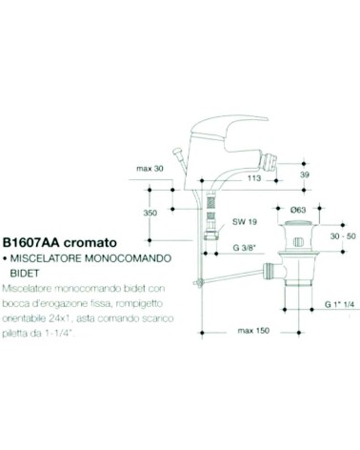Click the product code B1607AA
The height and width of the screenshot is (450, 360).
coord(31,242)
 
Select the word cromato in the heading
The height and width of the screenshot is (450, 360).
coord(90,243)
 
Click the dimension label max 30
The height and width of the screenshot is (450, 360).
coord(150,169)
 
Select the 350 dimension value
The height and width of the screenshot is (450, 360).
coord(150,213)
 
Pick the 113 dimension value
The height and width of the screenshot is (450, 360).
coord(254,178)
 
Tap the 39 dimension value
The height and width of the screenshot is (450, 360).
coord(304,174)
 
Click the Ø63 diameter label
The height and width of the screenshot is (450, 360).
coord(298,210)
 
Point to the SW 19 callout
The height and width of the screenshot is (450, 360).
coord(245,221)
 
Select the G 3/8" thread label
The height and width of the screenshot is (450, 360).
coord(245,248)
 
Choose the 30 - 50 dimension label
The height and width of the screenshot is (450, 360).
coord(343,236)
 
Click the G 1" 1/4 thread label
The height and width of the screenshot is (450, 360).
coord(339,304)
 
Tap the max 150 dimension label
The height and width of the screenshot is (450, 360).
coord(253,331)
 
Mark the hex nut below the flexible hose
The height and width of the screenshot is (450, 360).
coord(210,235)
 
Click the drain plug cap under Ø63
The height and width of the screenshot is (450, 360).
coord(297,223)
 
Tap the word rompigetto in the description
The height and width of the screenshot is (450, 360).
coord(139,303)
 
